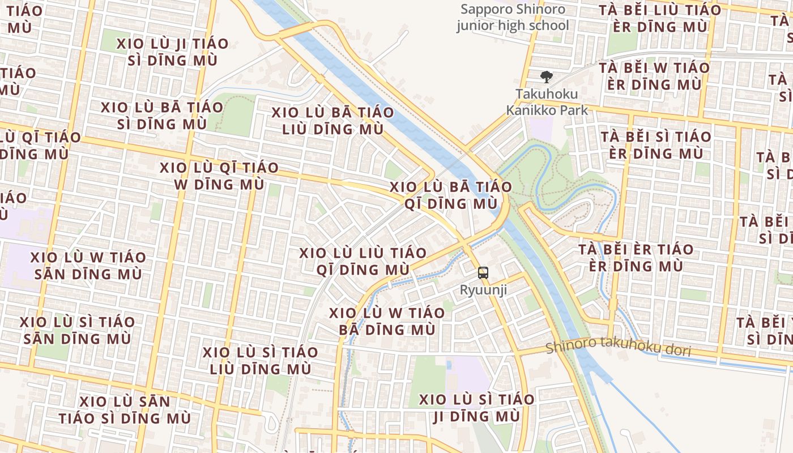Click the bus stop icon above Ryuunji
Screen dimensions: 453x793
click(483, 273)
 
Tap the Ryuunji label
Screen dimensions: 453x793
click(483, 290)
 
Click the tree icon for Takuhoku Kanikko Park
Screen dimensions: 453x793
click(547, 77)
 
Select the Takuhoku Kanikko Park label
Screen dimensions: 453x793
click(547, 102)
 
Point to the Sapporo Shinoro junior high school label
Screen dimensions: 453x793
click(513, 18)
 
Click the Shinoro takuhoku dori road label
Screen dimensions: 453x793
click(619, 347)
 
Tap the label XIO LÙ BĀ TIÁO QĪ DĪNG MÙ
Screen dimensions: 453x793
click(451, 195)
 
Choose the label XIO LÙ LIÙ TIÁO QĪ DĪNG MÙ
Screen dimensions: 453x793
click(363, 261)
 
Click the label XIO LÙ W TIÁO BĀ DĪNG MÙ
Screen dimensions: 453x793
click(387, 321)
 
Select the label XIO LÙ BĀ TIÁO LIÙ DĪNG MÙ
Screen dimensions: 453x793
click(332, 121)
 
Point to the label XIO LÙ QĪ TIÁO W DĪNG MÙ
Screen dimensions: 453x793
click(219, 176)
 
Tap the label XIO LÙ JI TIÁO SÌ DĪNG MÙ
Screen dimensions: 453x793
click(173, 52)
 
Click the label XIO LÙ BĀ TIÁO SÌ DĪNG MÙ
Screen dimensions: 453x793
click(162, 116)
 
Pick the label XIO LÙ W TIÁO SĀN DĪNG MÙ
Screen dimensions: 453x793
click(88, 266)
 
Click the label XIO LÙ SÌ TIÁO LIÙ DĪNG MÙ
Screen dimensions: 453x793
click(261, 361)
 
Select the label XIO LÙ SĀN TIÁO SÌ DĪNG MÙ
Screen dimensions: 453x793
click(125, 410)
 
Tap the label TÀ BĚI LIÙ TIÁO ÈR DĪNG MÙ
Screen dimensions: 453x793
click(660, 18)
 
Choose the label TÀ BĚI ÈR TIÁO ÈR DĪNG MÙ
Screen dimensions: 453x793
click(636, 258)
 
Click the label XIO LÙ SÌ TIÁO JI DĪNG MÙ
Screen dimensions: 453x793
click(476, 408)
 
